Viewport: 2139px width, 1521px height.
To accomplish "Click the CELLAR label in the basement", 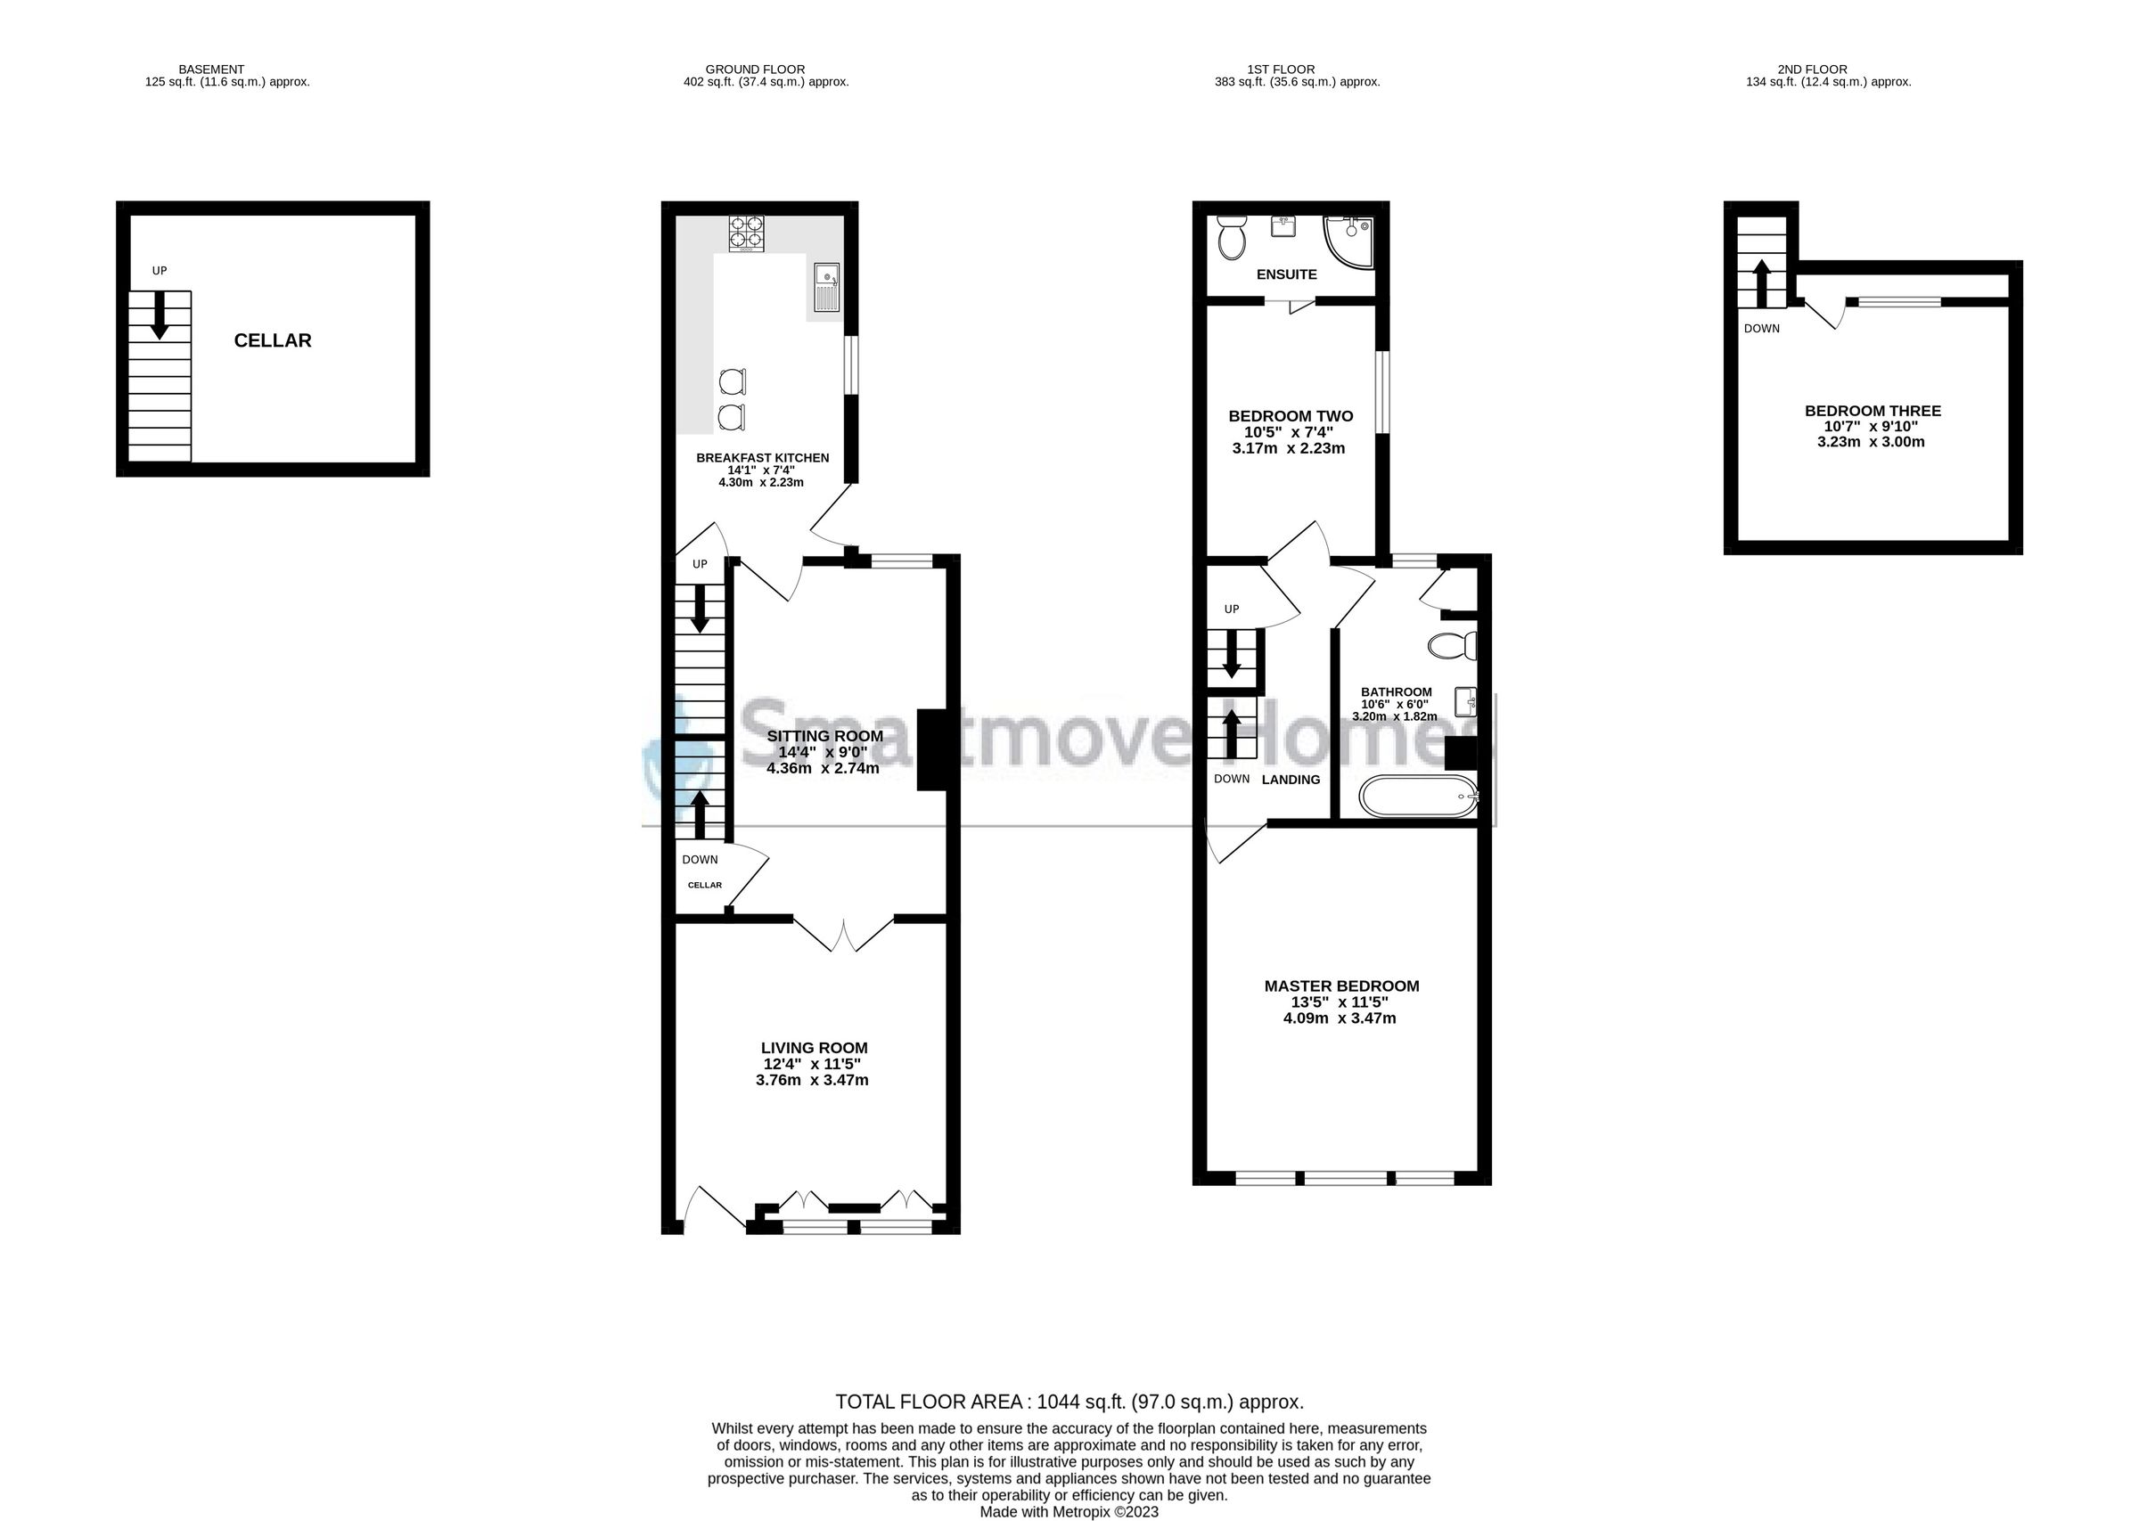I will pos(273,341).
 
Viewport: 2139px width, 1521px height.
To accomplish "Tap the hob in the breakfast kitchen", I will pos(746,234).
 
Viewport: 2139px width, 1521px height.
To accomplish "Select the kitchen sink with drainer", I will pos(826,287).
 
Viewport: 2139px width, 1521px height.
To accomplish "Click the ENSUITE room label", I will pos(1286,274).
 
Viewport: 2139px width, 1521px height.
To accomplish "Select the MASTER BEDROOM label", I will pos(1341,985).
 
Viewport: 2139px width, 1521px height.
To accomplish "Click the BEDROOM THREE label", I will pos(1873,410).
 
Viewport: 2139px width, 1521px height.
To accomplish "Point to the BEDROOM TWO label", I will pos(1291,416).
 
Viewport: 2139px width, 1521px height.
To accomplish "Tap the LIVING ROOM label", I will pos(814,1048).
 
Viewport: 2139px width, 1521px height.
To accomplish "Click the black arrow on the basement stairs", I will pos(160,315).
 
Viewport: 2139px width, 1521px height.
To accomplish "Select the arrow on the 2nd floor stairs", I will pos(1760,282).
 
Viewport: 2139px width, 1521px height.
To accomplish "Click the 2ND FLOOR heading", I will pos(1812,70).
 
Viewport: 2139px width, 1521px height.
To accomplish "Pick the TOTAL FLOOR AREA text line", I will pos(1069,1402).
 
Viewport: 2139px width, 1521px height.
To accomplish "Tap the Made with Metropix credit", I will pos(1069,1511).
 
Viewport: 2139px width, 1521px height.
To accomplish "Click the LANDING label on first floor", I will pos(1291,780).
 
